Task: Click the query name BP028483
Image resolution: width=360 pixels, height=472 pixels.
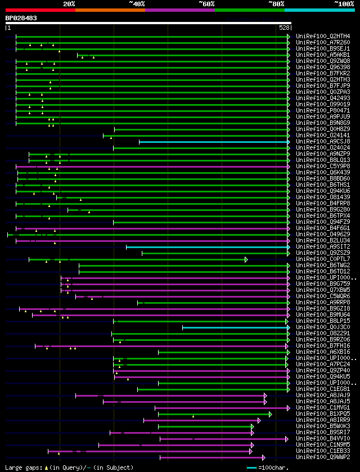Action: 21,18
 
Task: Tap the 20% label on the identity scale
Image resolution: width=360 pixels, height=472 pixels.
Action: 69,3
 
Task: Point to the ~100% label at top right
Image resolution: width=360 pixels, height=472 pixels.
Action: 344,3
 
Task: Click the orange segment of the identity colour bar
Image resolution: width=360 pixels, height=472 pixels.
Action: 110,10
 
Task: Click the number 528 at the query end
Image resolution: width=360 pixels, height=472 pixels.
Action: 284,27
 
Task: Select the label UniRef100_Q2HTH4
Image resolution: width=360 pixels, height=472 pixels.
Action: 323,37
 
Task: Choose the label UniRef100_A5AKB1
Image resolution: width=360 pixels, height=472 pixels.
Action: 323,55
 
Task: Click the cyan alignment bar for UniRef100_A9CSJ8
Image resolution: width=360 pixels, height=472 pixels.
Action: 214,142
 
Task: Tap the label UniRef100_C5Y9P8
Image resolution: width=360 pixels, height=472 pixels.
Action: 323,167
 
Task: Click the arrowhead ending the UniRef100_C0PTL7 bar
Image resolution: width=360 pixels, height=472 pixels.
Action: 246,259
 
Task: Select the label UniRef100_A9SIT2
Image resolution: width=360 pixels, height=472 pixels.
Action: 323,247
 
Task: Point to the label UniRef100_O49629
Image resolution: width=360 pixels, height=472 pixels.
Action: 323,235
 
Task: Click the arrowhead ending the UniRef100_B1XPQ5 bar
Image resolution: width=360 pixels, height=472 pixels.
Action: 271,414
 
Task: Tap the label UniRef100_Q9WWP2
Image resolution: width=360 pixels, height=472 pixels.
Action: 323,457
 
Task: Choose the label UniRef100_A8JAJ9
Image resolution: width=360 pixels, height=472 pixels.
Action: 323,395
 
